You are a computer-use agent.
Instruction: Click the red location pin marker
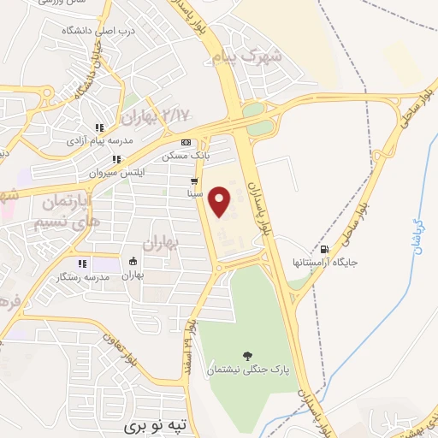coord(220,201)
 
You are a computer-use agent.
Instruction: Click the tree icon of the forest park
coord(248,357)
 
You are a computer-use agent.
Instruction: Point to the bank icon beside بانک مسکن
coord(186,142)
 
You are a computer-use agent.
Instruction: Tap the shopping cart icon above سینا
coord(195,181)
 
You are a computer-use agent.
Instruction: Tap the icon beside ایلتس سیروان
coord(115,158)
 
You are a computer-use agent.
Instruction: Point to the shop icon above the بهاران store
coord(133,262)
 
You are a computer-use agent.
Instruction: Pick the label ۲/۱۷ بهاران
coord(156,114)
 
